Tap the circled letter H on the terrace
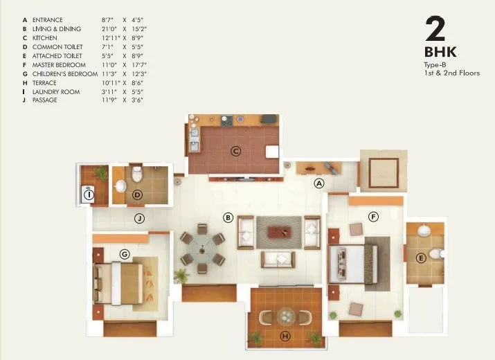[x=285, y=337]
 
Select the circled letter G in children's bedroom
[x=125, y=254]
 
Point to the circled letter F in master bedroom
[x=373, y=217]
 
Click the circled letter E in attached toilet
[x=420, y=258]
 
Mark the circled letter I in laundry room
[x=89, y=195]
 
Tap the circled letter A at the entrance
[x=319, y=183]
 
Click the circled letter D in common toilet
[x=138, y=195]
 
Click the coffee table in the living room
[x=279, y=231]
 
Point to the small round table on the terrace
[x=285, y=316]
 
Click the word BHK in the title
[x=440, y=52]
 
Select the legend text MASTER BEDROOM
[x=57, y=64]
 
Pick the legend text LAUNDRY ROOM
[x=55, y=91]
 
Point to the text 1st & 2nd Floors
[x=452, y=73]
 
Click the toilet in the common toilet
[x=137, y=170]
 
